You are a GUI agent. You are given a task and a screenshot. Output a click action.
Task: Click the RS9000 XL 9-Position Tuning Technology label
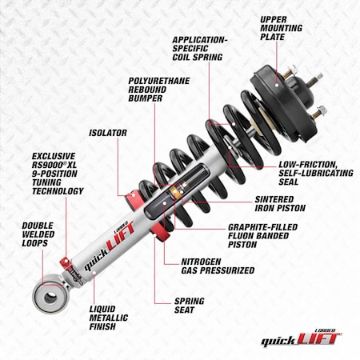58,174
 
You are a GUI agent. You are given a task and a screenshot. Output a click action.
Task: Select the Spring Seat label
190,306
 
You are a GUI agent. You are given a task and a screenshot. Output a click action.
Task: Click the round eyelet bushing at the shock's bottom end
50,298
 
